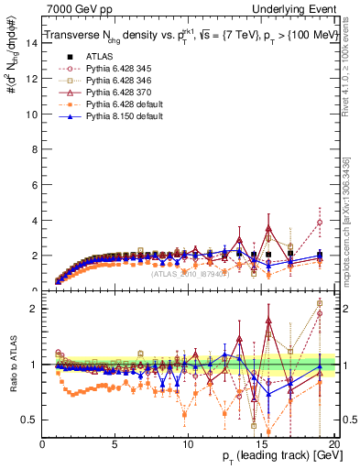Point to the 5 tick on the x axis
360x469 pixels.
click(x=115, y=444)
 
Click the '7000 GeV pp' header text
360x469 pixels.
click(x=75, y=8)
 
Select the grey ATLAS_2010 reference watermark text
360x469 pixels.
click(x=190, y=272)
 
